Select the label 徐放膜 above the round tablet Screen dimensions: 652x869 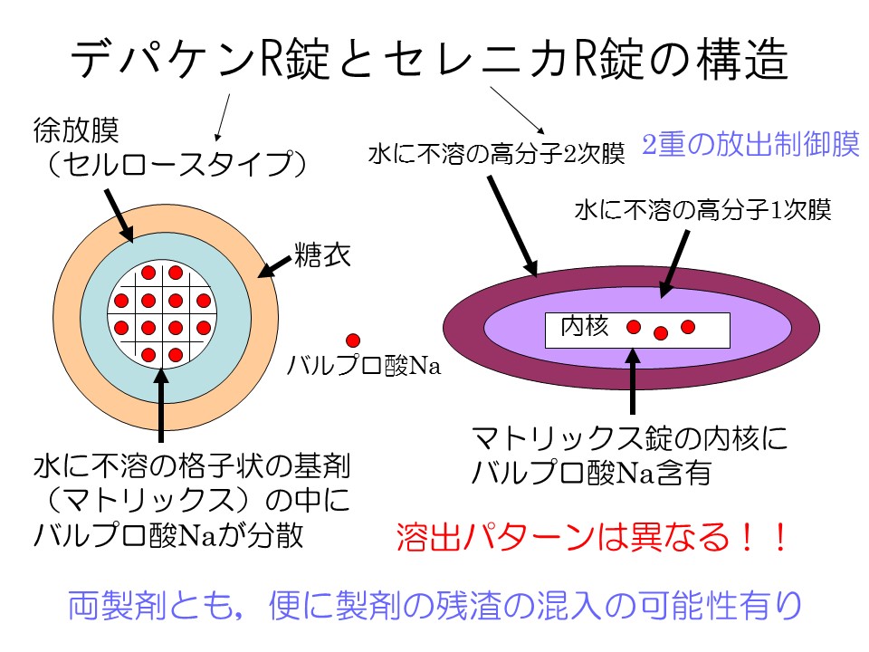click(80, 133)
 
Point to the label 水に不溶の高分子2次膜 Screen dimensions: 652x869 click(497, 155)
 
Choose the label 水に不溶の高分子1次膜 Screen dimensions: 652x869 click(702, 210)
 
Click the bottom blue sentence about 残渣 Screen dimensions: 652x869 click(434, 605)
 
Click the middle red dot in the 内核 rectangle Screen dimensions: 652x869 click(661, 331)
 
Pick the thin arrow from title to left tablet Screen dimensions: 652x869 click(222, 116)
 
